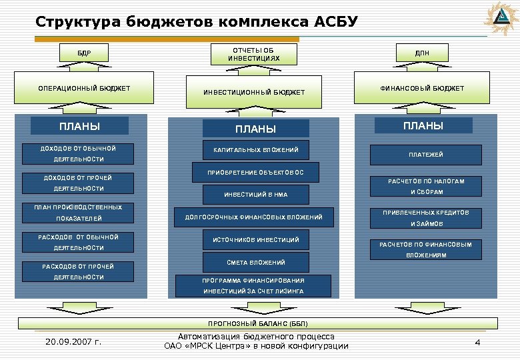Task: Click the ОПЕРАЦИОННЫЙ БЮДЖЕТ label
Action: [x=83, y=89]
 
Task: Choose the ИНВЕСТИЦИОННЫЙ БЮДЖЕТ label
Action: [x=254, y=92]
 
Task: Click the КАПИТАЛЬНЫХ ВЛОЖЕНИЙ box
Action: [x=255, y=150]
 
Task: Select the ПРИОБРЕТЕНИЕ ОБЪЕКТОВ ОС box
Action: [x=255, y=173]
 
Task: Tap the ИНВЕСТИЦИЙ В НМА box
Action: [x=255, y=195]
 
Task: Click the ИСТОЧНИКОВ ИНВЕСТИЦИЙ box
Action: [x=255, y=239]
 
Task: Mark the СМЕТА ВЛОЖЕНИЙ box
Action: [x=255, y=263]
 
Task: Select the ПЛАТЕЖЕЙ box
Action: [x=425, y=155]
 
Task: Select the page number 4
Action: [x=477, y=342]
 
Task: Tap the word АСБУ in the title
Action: [x=332, y=22]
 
